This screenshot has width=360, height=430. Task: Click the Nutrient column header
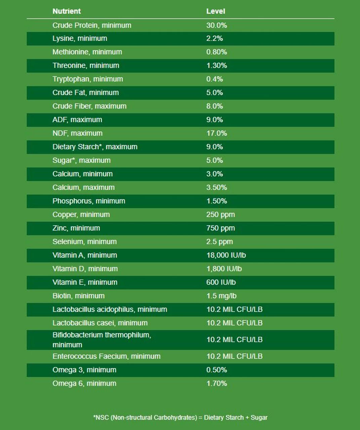tap(67, 11)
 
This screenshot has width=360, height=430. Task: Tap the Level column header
tap(215, 11)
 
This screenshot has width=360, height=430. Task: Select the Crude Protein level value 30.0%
tap(216, 25)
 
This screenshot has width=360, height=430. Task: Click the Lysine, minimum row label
tap(80, 39)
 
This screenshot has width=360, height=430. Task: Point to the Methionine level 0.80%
tap(216, 52)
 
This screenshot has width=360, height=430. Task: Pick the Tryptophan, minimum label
tap(87, 79)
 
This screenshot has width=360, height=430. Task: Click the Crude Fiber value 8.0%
tap(214, 106)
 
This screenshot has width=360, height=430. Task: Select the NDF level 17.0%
tap(216, 133)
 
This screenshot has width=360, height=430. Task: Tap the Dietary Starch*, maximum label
tap(95, 147)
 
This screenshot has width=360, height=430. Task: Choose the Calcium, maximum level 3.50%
tap(216, 187)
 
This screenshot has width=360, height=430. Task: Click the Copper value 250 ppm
tap(221, 215)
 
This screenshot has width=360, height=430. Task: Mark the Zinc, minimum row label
tap(76, 228)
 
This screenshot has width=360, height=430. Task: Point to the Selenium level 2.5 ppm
tap(219, 242)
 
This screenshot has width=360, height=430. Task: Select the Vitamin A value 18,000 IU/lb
tap(226, 255)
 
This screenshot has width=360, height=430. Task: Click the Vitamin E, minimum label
tap(85, 283)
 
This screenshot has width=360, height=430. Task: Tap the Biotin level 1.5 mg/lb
tap(221, 296)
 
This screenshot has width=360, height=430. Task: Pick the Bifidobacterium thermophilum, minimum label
tap(102, 340)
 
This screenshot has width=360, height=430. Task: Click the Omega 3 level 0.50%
tap(216, 370)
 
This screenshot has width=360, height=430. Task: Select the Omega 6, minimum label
tap(84, 383)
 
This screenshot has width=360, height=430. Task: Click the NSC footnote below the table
tap(180, 418)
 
